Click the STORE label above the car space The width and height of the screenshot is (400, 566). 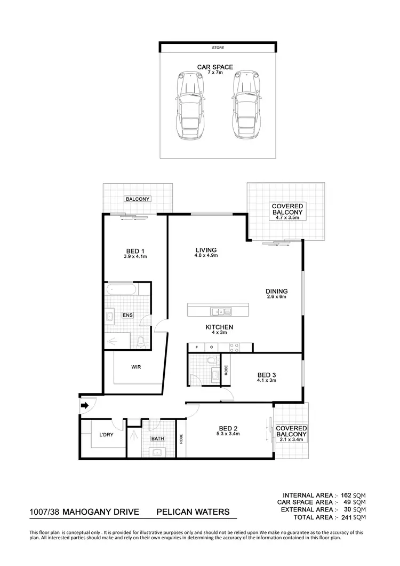(x=218, y=48)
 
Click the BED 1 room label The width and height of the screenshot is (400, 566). (x=135, y=251)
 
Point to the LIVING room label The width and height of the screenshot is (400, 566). (x=206, y=250)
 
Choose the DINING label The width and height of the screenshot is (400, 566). (x=276, y=291)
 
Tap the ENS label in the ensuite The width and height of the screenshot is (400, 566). (x=128, y=316)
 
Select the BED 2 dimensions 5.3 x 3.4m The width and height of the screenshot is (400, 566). (x=229, y=434)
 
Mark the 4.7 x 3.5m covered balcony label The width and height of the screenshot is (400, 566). (x=287, y=217)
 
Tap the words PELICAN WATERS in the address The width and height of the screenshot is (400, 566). (x=193, y=512)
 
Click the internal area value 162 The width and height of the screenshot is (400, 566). (x=346, y=495)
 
